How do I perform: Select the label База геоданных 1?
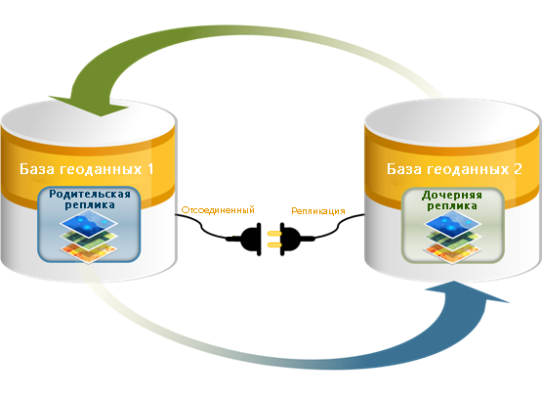pyautogui.click(x=86, y=169)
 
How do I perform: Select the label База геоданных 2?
pyautogui.click(x=454, y=169)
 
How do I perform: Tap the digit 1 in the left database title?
pyautogui.click(x=150, y=169)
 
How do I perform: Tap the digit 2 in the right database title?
pyautogui.click(x=518, y=169)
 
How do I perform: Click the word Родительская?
pyautogui.click(x=90, y=194)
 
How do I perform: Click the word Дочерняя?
pyautogui.click(x=452, y=196)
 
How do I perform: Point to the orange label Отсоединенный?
pyautogui.click(x=218, y=210)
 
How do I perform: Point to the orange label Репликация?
pyautogui.click(x=318, y=211)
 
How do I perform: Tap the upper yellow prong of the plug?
pyautogui.click(x=274, y=233)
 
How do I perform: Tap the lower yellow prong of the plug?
pyautogui.click(x=274, y=245)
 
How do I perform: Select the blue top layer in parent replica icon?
pyautogui.click(x=89, y=223)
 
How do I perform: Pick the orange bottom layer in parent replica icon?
pyautogui.click(x=89, y=252)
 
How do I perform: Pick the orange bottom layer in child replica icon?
pyautogui.click(x=453, y=252)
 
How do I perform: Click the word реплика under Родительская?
pyautogui.click(x=90, y=204)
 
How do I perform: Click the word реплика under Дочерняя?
pyautogui.click(x=452, y=206)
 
